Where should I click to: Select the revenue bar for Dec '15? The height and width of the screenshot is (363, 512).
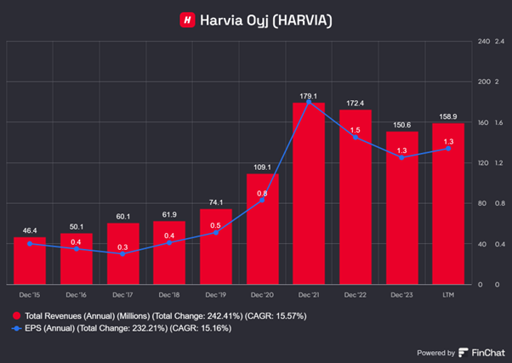coord(30,264)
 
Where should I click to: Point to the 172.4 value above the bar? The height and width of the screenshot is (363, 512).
coord(355,103)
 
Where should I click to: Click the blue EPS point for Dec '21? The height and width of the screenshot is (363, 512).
coord(309,102)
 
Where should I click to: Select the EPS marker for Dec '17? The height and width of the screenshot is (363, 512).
coord(122,253)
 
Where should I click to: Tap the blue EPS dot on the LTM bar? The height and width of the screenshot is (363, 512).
coord(448,148)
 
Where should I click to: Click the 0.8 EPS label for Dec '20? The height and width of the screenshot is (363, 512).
coord(262,193)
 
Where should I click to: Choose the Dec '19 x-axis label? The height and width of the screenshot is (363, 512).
coord(215,293)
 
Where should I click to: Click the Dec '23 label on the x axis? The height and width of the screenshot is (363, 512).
coord(401,293)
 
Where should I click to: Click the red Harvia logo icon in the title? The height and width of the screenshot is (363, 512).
coord(186,19)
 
